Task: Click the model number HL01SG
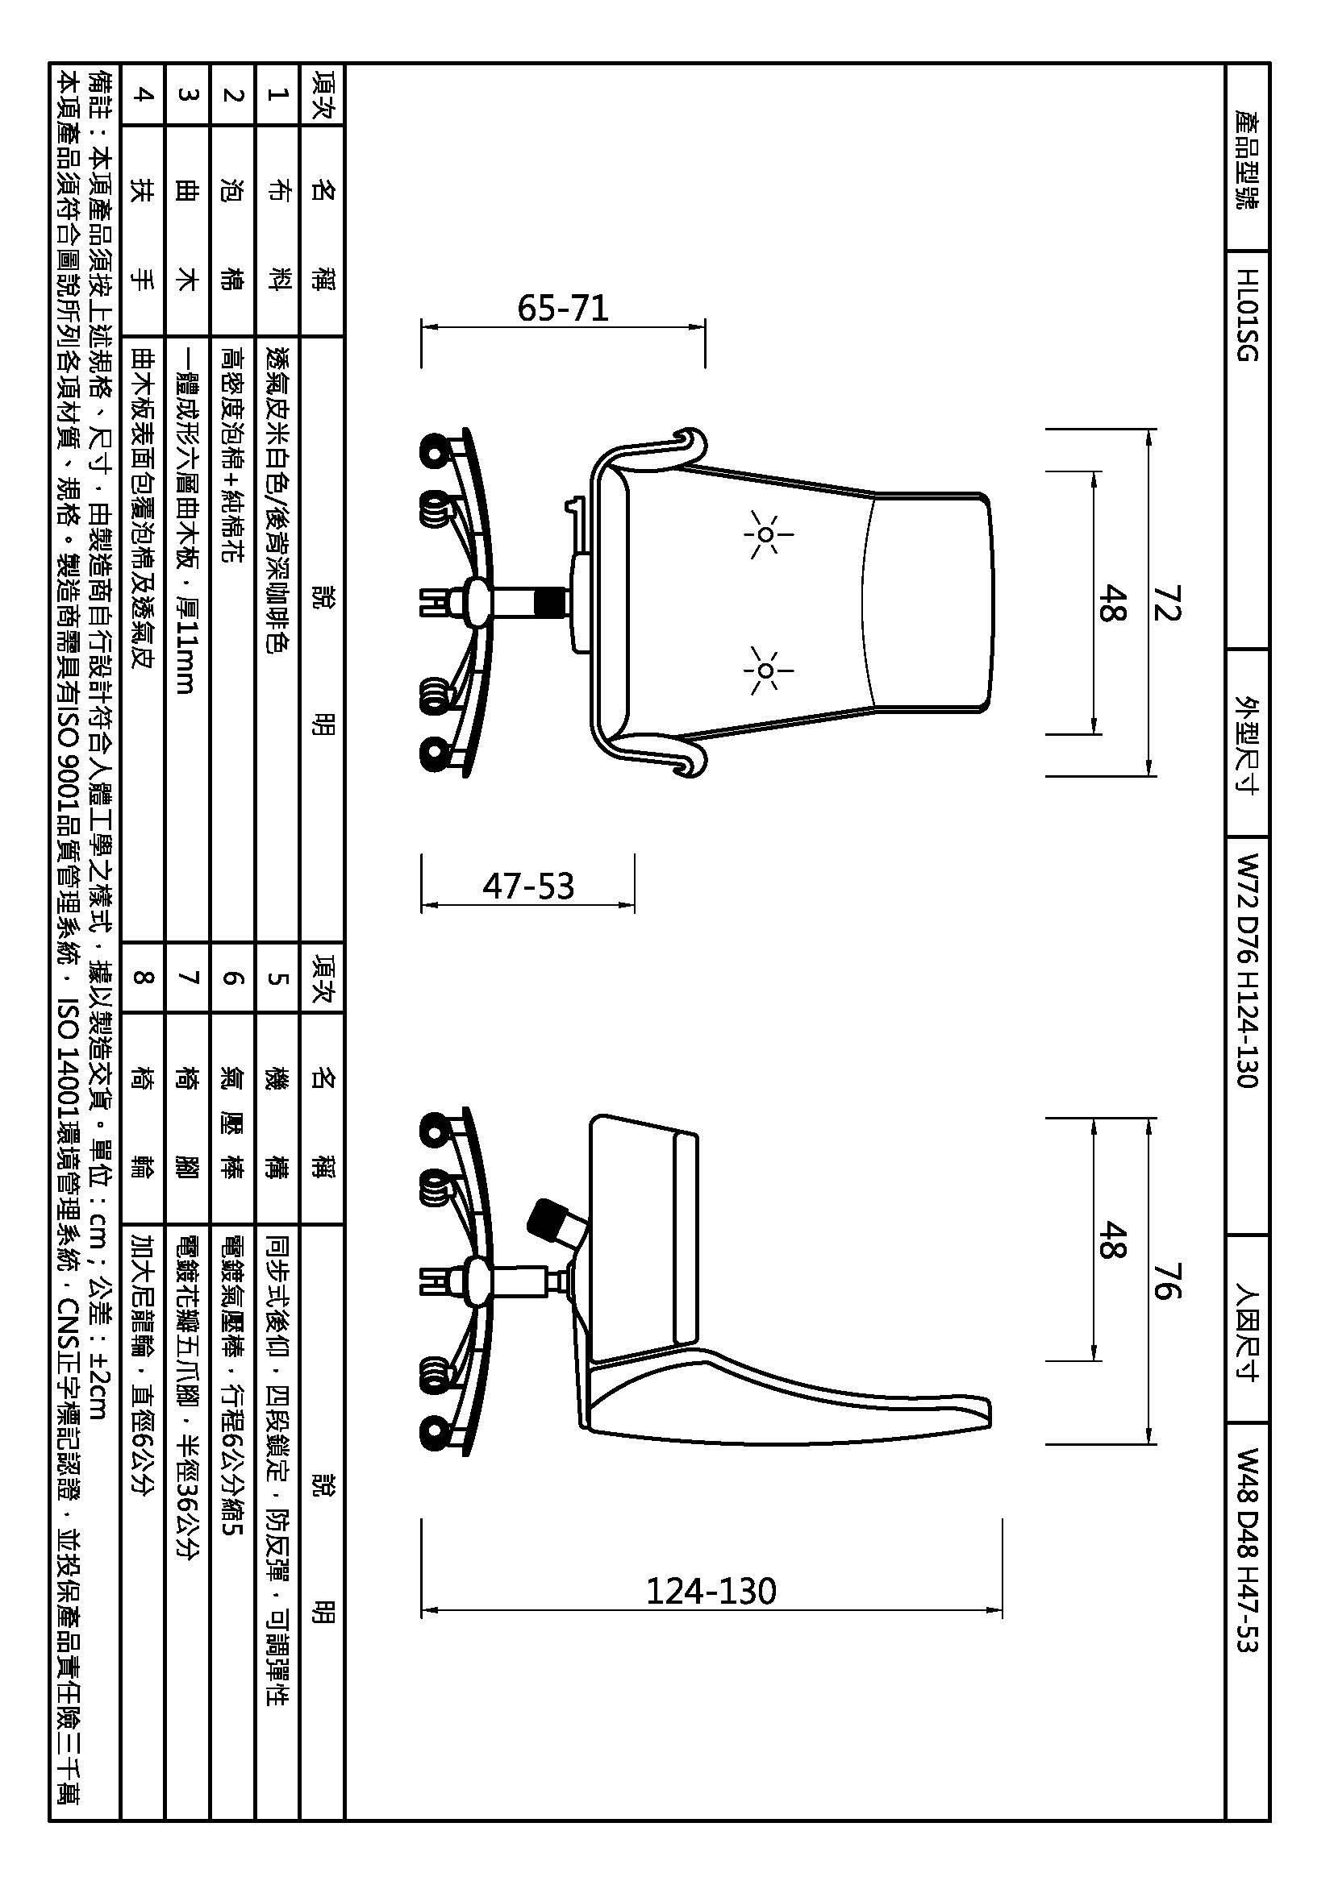click(1247, 315)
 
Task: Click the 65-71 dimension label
click(563, 308)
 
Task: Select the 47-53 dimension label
click(528, 886)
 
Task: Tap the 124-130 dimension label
click(711, 1591)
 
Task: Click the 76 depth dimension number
click(1166, 1281)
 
